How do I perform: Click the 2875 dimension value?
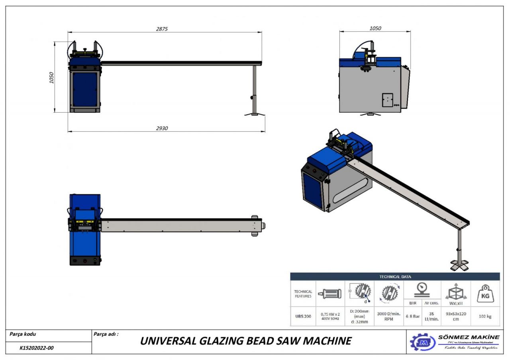(162, 29)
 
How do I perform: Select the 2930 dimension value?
(162, 128)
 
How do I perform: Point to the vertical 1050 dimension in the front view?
(51, 78)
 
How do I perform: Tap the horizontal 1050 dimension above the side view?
(375, 28)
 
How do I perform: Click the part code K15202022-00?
(37, 348)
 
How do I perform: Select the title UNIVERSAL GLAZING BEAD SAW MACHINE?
(245, 341)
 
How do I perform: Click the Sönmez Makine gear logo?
(423, 342)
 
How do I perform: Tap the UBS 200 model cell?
(303, 316)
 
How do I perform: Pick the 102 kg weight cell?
(485, 316)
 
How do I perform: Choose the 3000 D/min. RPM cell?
(388, 316)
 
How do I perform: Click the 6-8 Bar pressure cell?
(413, 316)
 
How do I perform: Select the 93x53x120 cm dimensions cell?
(456, 316)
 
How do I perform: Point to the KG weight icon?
(485, 294)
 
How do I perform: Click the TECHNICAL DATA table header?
(395, 277)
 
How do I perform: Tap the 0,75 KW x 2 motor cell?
(330, 316)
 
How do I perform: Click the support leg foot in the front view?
(254, 114)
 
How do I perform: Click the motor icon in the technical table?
(330, 294)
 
